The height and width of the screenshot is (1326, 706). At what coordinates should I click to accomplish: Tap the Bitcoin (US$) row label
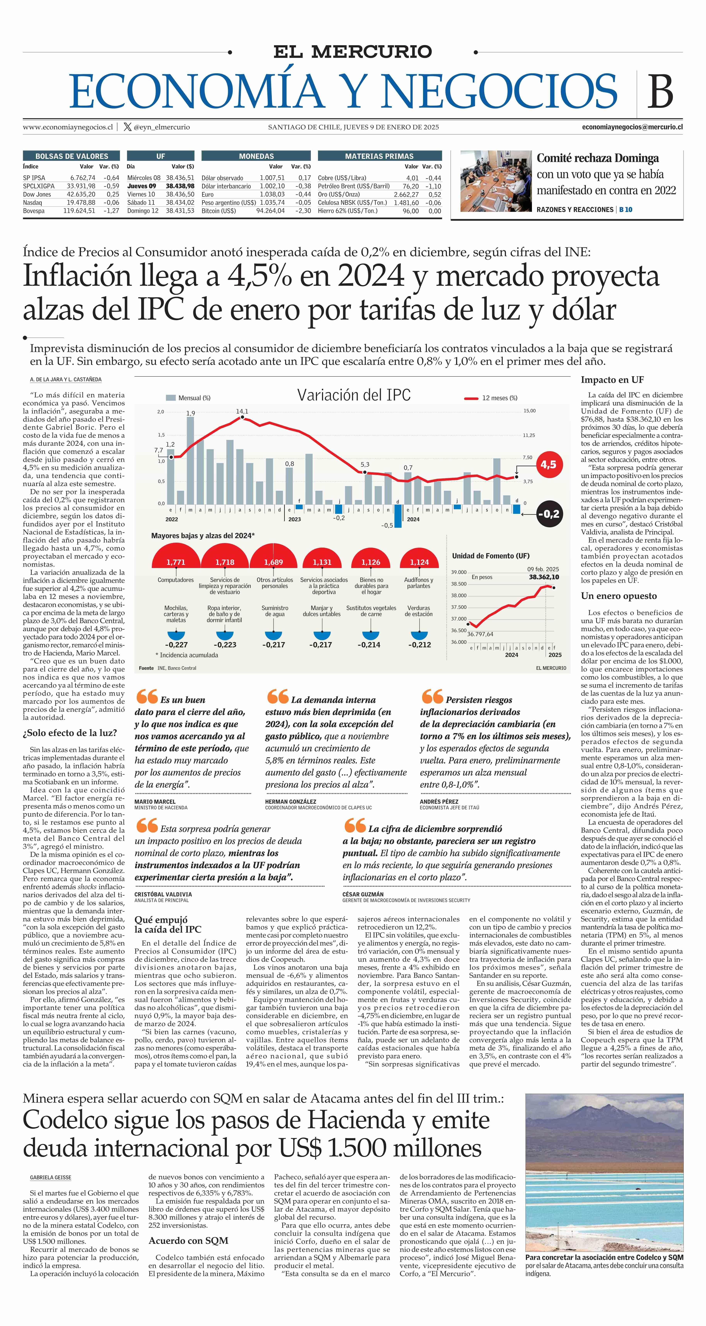pos(219,211)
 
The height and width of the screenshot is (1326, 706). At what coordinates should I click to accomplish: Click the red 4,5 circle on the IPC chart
pos(549,464)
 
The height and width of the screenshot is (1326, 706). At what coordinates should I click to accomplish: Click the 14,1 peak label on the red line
pos(242,411)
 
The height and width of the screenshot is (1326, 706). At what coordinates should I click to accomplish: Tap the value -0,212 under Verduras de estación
pos(419,644)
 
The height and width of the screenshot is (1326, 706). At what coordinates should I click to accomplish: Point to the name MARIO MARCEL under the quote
pos(155,802)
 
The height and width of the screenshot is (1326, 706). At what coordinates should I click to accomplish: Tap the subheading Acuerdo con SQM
pos(188,1240)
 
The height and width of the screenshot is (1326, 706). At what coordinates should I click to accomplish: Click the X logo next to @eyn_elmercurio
pos(128,127)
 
